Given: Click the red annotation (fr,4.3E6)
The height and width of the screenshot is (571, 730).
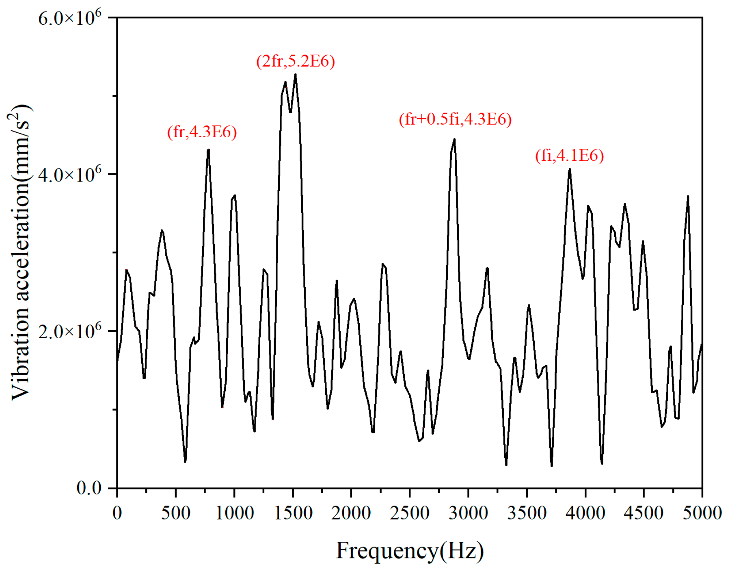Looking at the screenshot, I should click(x=202, y=132).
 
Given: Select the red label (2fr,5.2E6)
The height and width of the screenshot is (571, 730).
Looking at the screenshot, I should click(x=295, y=61).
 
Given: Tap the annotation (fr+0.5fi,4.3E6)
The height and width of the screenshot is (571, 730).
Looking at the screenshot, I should click(x=455, y=119).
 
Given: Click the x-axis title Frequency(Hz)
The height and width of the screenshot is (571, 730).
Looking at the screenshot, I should click(x=409, y=551).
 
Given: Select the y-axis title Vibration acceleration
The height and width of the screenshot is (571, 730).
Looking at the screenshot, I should click(x=20, y=252).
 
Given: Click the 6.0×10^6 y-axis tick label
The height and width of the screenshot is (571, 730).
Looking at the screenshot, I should click(x=69, y=18).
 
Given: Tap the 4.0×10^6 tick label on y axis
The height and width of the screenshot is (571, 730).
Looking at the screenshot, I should click(x=69, y=174).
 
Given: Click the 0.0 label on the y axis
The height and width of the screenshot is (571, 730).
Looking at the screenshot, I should click(x=89, y=487).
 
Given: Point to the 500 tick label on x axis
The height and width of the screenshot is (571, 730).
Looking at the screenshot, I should click(x=175, y=513).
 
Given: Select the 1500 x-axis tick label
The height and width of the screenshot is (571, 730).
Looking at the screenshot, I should click(x=293, y=513).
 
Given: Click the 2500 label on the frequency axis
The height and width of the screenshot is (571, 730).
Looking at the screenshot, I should click(x=409, y=513).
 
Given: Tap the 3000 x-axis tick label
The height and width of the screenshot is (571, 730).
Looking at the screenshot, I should click(x=468, y=513).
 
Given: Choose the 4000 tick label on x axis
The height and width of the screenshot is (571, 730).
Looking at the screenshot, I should click(x=585, y=513).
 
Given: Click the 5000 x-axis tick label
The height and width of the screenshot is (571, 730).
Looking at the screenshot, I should click(x=702, y=513).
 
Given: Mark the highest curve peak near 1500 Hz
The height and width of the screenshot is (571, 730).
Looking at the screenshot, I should click(x=295, y=75).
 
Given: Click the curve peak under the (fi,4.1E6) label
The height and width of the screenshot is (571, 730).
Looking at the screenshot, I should click(x=570, y=169).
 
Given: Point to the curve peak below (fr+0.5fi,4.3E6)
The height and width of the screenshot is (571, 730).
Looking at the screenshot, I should click(x=454, y=139).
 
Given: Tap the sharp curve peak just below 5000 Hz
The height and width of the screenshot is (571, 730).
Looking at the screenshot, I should click(x=688, y=197).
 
